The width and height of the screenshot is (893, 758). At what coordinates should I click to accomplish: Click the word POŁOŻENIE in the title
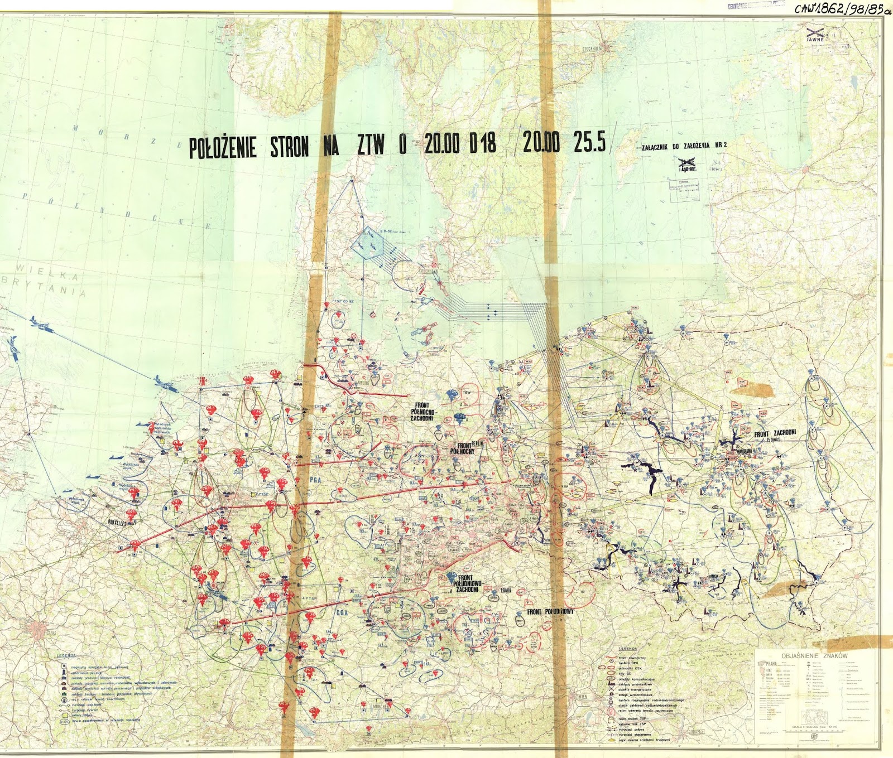click(x=223, y=148)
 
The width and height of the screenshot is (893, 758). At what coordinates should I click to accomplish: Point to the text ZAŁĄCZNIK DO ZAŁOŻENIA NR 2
click(x=684, y=146)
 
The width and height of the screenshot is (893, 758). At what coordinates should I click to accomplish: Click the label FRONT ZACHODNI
click(x=775, y=433)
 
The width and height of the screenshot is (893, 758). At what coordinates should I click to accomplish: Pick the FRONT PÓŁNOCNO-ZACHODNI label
click(x=424, y=412)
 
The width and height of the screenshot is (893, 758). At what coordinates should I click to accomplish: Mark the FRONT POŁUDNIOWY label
click(x=550, y=612)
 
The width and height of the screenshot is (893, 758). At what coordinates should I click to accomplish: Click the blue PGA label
click(x=316, y=479)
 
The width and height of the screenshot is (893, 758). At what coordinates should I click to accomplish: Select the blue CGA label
click(x=342, y=612)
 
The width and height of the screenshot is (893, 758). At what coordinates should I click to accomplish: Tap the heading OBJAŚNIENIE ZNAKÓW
click(x=814, y=656)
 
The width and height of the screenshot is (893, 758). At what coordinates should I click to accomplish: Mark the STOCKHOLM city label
click(x=592, y=49)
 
